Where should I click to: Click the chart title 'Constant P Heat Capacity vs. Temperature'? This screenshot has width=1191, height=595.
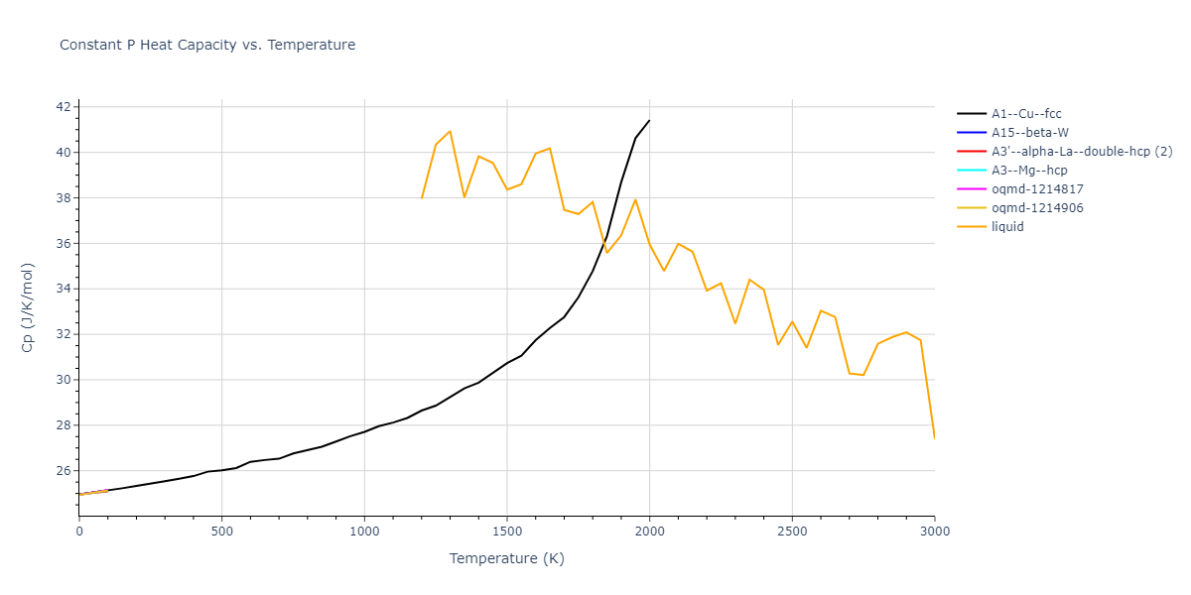[x=207, y=45]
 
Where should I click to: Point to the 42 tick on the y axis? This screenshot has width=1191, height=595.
[x=63, y=107]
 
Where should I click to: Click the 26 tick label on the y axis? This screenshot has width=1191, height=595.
[x=63, y=471]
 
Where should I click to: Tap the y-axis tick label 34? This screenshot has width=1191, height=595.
[x=63, y=290]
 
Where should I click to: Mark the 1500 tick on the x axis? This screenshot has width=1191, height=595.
[x=507, y=532]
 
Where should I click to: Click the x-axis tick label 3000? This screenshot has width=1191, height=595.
[x=935, y=532]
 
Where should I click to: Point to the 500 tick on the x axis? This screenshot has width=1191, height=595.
[x=221, y=532]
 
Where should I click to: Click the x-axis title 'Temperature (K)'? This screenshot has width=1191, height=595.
[x=507, y=559]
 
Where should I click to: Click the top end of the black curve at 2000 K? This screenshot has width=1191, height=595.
[x=649, y=120]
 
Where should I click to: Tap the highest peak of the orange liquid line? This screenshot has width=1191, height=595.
[x=450, y=131]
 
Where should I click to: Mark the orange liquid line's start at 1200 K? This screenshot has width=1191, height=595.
[x=422, y=198]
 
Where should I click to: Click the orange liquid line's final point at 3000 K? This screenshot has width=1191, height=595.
[x=934, y=437]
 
